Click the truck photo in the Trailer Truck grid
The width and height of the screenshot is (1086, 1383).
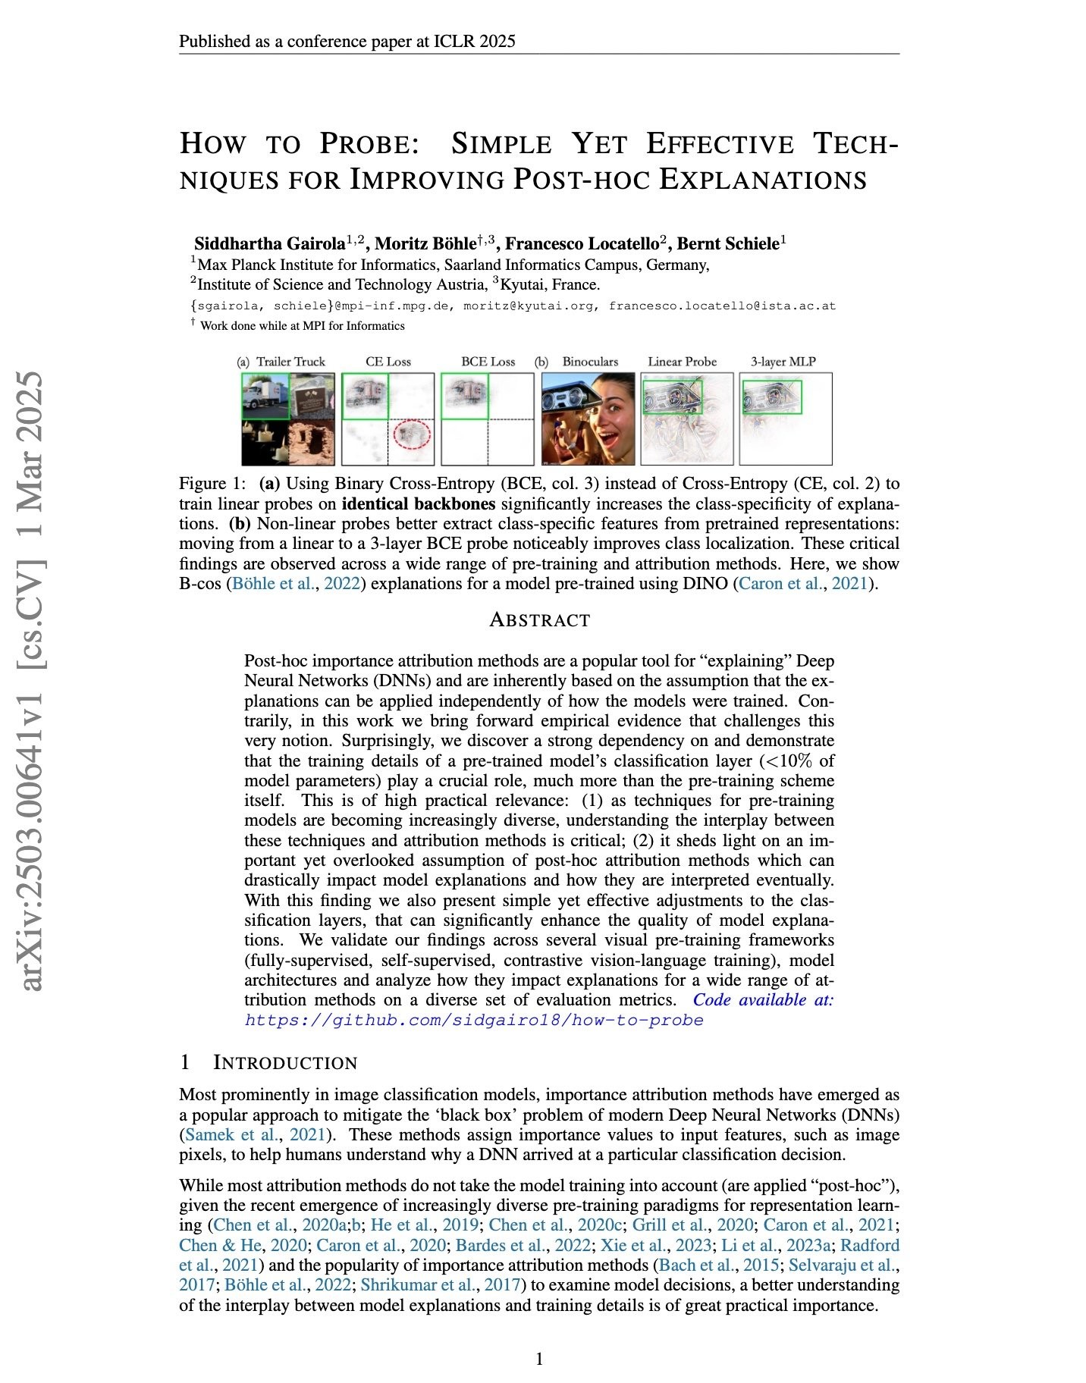pyautogui.click(x=265, y=395)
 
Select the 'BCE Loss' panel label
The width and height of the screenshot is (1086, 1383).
pyautogui.click(x=488, y=362)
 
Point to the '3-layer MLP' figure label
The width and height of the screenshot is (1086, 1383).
pyautogui.click(x=783, y=362)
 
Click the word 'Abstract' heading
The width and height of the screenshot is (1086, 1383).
pyautogui.click(x=539, y=619)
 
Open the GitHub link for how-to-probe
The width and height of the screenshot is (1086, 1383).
pyautogui.click(x=474, y=1020)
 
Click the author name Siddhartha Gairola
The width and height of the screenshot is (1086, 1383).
pyautogui.click(x=269, y=243)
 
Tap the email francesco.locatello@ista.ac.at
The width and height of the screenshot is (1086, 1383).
pyautogui.click(x=722, y=306)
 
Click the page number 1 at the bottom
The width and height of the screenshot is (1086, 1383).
pyautogui.click(x=539, y=1359)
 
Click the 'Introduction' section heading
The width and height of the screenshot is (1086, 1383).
pyautogui.click(x=285, y=1063)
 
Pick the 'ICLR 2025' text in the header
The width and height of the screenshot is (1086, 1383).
pyautogui.click(x=475, y=41)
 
